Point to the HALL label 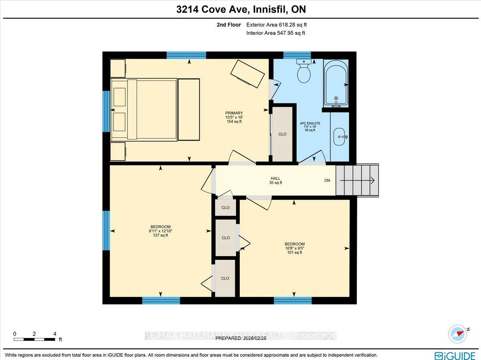pyautogui.click(x=275, y=180)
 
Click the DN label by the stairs pyautogui.click(x=327, y=181)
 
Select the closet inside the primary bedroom pyautogui.click(x=282, y=134)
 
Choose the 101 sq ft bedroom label pyautogui.click(x=294, y=248)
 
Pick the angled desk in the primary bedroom pyautogui.click(x=247, y=74)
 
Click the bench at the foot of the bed pyautogui.click(x=188, y=109)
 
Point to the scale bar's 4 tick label pyautogui.click(x=55, y=334)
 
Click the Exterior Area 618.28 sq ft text pyautogui.click(x=277, y=25)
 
